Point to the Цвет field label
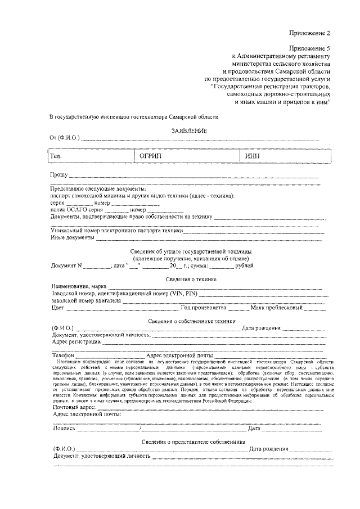click(57, 308)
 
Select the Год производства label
click(203, 308)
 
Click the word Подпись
click(64, 428)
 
